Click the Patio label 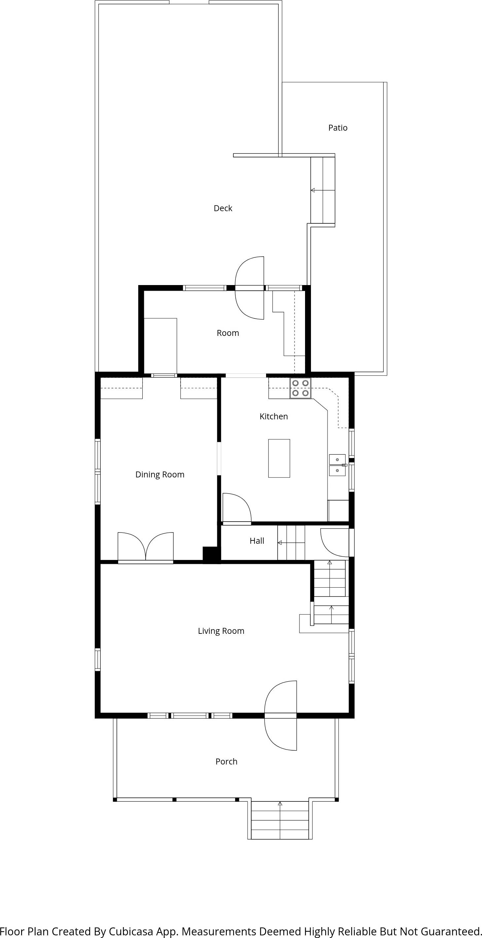tap(338, 128)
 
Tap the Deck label tap(223, 208)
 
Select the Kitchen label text tap(274, 417)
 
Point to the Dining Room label tap(159, 474)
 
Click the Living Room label tap(221, 631)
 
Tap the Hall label tap(257, 541)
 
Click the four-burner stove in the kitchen tap(300, 388)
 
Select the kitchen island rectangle tap(279, 458)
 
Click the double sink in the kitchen tap(337, 465)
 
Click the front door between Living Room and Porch tap(281, 716)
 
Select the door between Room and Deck tap(250, 288)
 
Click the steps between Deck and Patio tap(323, 190)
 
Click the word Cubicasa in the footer tap(131, 931)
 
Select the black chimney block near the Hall tap(211, 555)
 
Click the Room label tap(228, 333)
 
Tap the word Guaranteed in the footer tap(452, 931)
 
